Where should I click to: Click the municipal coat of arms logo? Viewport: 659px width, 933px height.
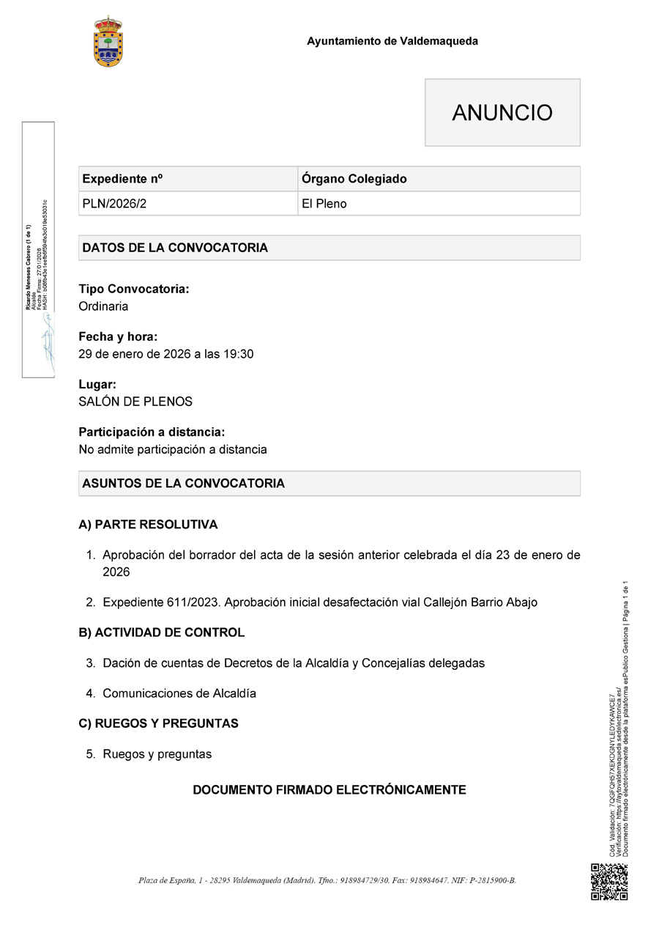108,41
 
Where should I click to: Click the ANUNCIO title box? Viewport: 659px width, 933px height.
502,113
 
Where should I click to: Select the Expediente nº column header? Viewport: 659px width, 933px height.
122,179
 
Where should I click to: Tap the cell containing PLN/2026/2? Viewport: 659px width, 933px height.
114,204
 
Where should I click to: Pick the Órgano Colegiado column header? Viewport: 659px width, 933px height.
354,179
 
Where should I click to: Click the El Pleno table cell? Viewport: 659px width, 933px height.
324,204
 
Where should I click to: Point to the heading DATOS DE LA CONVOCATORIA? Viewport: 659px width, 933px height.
175,248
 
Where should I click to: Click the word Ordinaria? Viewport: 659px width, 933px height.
103,306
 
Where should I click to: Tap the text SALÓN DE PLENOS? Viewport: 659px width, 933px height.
135,402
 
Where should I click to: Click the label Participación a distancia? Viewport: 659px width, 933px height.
152,432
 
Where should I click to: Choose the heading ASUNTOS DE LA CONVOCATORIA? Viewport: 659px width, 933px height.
184,484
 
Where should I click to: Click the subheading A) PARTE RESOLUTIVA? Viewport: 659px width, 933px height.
148,525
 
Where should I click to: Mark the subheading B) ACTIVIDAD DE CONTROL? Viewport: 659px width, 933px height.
161,633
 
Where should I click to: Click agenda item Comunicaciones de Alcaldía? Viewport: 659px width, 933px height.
179,693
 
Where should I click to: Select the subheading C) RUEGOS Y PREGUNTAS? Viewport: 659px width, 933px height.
158,723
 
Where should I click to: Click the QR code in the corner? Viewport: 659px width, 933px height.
609,882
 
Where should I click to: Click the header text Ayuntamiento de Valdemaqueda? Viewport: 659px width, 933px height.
392,41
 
